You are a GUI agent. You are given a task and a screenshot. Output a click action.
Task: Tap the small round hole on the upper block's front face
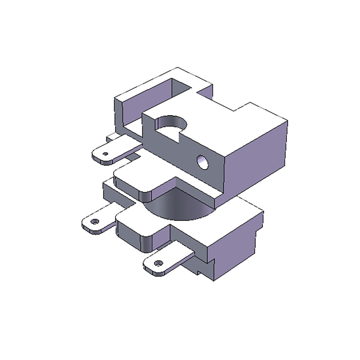click(202, 162)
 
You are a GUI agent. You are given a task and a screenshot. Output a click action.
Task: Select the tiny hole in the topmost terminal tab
click(105, 154)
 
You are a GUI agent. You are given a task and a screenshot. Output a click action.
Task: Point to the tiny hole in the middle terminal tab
click(95, 221)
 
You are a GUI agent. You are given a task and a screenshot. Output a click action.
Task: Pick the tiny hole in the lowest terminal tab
click(157, 264)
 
